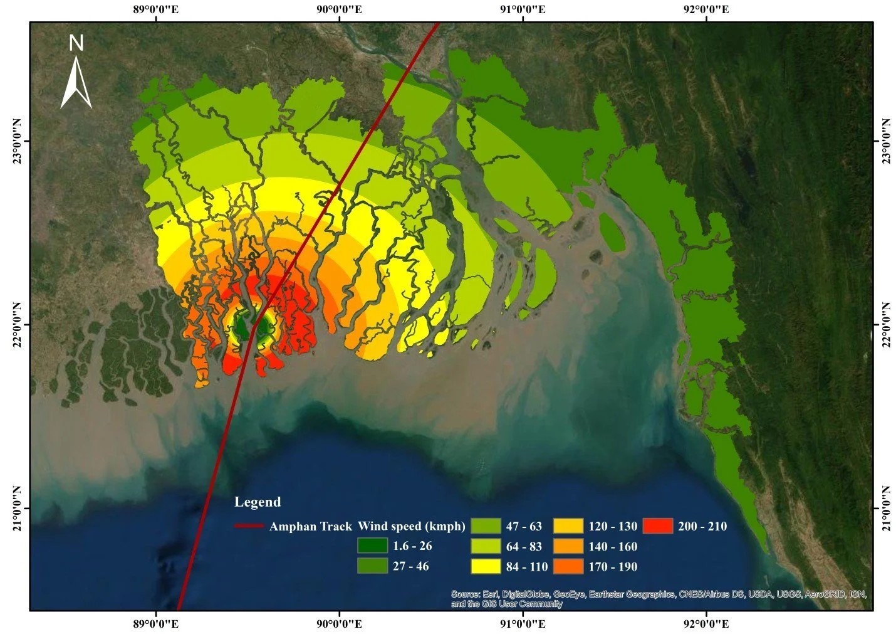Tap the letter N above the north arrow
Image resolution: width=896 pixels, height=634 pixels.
coord(76,43)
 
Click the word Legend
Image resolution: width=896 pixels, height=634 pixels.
coord(258,502)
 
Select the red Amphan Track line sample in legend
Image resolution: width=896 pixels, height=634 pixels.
coord(248,526)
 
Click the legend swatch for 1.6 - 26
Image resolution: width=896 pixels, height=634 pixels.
coord(372,546)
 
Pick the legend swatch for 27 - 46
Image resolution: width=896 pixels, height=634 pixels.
coord(372,566)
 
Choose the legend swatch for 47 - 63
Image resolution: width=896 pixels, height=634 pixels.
coord(486,526)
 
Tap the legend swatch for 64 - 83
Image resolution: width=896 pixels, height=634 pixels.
coord(486,546)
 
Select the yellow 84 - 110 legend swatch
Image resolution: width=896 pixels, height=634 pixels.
coord(486,566)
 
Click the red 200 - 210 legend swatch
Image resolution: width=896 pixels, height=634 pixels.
coord(657,526)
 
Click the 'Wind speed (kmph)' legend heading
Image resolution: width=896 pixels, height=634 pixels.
coord(412,526)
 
